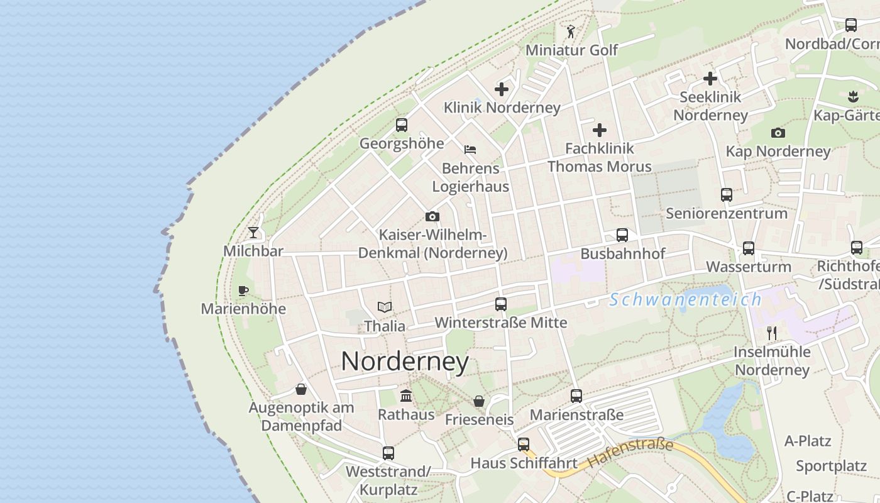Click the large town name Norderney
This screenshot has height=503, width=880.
tap(405, 362)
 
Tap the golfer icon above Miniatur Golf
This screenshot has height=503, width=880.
tap(571, 31)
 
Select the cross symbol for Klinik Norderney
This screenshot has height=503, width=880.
tap(502, 89)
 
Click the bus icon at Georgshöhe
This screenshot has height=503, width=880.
tap(402, 125)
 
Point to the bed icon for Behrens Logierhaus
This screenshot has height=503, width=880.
tap(470, 150)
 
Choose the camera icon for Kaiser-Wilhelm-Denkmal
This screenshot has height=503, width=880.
tap(432, 217)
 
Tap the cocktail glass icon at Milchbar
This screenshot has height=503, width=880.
tap(253, 233)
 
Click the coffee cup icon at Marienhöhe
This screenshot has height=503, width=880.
tap(243, 290)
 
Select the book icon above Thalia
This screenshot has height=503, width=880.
tap(385, 307)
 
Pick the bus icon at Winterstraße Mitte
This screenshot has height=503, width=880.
tap(501, 304)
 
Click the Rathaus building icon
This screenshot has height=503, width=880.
tap(406, 396)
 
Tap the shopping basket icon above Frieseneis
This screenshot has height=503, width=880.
tap(479, 401)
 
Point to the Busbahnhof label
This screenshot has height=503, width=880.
tap(622, 254)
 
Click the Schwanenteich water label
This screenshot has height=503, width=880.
tap(685, 300)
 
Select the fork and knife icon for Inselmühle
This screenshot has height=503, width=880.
tap(772, 333)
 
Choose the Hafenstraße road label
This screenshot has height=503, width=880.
tap(631, 453)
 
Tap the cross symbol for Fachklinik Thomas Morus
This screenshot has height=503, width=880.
tap(600, 130)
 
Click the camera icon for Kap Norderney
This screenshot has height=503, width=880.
tap(778, 133)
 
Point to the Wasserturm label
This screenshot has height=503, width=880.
tap(748, 267)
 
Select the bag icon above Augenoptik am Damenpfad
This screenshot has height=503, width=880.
tap(302, 389)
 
